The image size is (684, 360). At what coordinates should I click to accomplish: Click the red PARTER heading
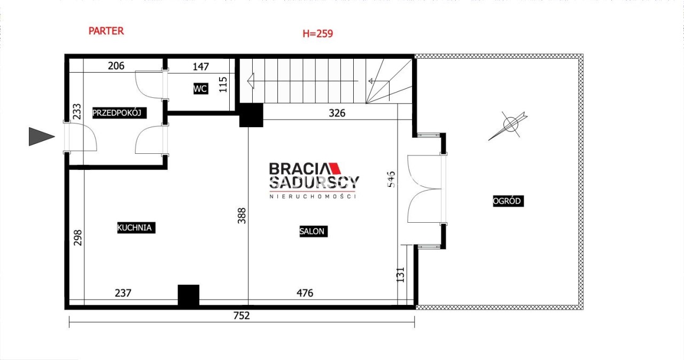click(x=106, y=31)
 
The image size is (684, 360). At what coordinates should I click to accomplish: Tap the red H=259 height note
click(x=317, y=34)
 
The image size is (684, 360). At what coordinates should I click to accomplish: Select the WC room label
click(x=200, y=89)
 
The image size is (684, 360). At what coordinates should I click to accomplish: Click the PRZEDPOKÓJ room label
click(x=119, y=113)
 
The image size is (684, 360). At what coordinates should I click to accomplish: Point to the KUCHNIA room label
click(x=136, y=228)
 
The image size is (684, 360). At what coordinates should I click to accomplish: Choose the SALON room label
click(x=314, y=231)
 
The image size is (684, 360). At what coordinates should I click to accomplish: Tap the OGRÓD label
click(x=508, y=201)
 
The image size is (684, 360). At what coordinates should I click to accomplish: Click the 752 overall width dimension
click(x=242, y=316)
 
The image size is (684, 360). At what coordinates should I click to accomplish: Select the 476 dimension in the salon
click(x=305, y=293)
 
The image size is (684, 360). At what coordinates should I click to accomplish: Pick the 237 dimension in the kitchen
click(x=123, y=293)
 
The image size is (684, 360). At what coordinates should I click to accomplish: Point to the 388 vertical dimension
click(x=242, y=216)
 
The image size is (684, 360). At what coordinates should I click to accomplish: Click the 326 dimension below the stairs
click(x=337, y=113)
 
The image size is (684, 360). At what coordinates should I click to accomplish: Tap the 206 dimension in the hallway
click(x=116, y=66)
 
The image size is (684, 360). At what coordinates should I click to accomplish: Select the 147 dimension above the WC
click(x=200, y=67)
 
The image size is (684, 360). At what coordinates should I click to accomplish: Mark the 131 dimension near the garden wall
click(x=400, y=275)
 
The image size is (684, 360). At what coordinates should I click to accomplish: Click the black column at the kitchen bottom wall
click(x=189, y=295)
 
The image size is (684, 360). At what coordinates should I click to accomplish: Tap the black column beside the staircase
click(x=251, y=115)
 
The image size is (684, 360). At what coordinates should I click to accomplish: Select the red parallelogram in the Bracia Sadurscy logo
click(x=334, y=168)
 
